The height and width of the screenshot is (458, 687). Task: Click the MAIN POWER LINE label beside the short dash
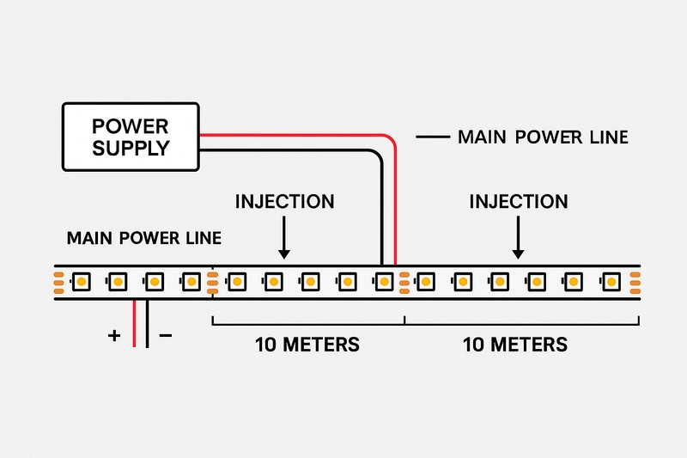(544, 137)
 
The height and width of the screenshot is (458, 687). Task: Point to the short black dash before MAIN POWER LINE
(433, 137)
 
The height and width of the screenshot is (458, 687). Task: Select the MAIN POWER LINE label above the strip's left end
(143, 238)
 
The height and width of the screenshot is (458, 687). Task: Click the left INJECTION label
(284, 203)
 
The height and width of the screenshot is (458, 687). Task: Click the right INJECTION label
(518, 203)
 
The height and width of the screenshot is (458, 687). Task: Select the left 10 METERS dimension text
(307, 345)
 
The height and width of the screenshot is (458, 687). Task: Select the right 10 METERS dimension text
(514, 345)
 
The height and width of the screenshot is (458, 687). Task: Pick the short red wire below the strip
(135, 325)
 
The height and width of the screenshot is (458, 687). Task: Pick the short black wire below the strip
(148, 325)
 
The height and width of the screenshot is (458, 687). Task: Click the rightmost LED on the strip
(611, 281)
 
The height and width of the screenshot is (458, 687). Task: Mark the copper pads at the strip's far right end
(635, 281)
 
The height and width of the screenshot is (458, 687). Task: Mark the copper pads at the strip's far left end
(58, 281)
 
